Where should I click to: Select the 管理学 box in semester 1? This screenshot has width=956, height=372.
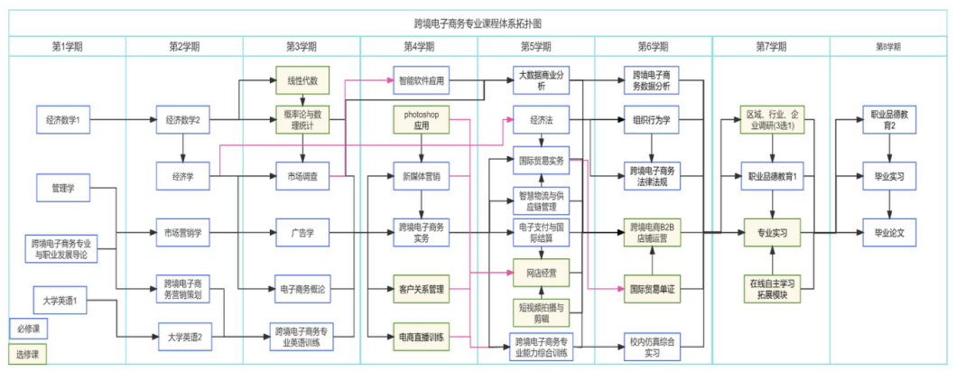[x=62, y=188]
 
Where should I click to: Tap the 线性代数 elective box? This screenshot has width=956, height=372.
[x=302, y=80]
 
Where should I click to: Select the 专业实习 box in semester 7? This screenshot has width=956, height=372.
[x=773, y=233]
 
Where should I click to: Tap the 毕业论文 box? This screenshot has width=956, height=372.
[x=888, y=233]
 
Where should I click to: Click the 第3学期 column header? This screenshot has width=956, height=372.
[x=302, y=46]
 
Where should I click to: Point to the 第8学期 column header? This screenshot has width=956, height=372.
[x=888, y=46]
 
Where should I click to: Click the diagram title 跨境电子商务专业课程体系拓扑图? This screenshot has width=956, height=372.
[x=478, y=23]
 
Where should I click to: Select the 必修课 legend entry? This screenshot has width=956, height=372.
[x=28, y=327]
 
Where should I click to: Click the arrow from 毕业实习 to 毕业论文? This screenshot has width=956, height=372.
[x=888, y=204]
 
